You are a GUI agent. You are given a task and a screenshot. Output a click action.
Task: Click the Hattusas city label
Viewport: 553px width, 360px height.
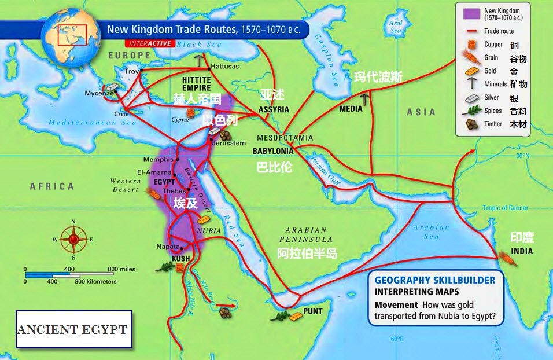pos(224,67)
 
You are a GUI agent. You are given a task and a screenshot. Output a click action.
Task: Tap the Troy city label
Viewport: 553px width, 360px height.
pos(132,71)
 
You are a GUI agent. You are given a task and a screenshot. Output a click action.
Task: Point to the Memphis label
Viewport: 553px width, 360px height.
pos(158,159)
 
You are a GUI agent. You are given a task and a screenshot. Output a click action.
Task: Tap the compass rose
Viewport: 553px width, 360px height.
pos(73,238)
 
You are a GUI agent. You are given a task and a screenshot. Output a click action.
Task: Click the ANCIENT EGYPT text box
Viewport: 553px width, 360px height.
pos(73,329)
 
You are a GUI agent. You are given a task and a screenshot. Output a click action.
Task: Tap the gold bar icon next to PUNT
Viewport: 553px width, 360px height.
pos(296,316)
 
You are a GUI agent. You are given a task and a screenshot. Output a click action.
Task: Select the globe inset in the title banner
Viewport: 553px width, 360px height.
pos(68,30)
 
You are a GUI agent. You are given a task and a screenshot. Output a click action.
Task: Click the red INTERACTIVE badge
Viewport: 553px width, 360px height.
pos(149,43)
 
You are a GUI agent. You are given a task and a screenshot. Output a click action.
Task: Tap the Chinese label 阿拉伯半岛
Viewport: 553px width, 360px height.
pos(307,254)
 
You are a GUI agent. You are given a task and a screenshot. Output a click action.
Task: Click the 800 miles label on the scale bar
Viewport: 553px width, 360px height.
pos(121,269)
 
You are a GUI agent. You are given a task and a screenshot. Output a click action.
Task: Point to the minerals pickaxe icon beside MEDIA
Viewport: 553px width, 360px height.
pos(365,100)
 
